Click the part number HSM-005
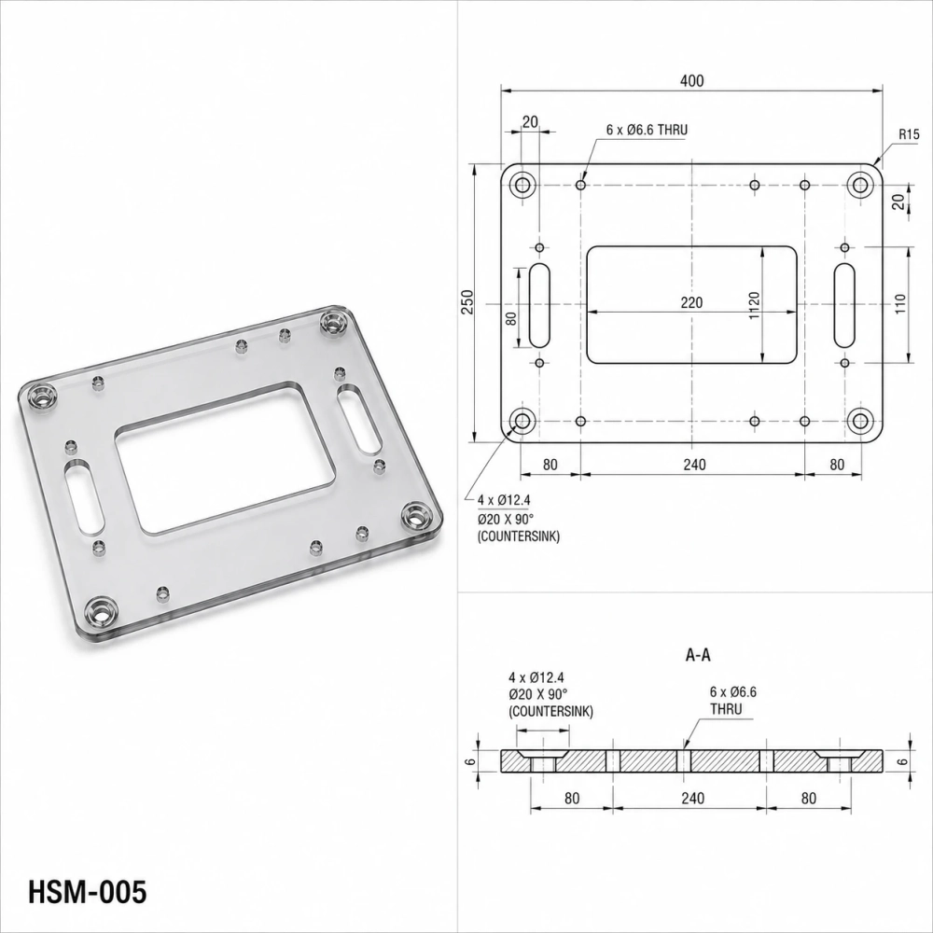click(x=87, y=891)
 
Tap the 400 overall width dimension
click(x=691, y=81)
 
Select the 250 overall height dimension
click(x=467, y=302)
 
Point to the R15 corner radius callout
click(x=909, y=134)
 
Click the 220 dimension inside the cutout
click(x=691, y=303)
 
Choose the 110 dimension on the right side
click(x=899, y=304)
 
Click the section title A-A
click(x=698, y=655)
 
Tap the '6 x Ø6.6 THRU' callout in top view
click(x=648, y=130)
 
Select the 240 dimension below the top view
click(x=694, y=464)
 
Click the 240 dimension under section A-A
click(x=692, y=798)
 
